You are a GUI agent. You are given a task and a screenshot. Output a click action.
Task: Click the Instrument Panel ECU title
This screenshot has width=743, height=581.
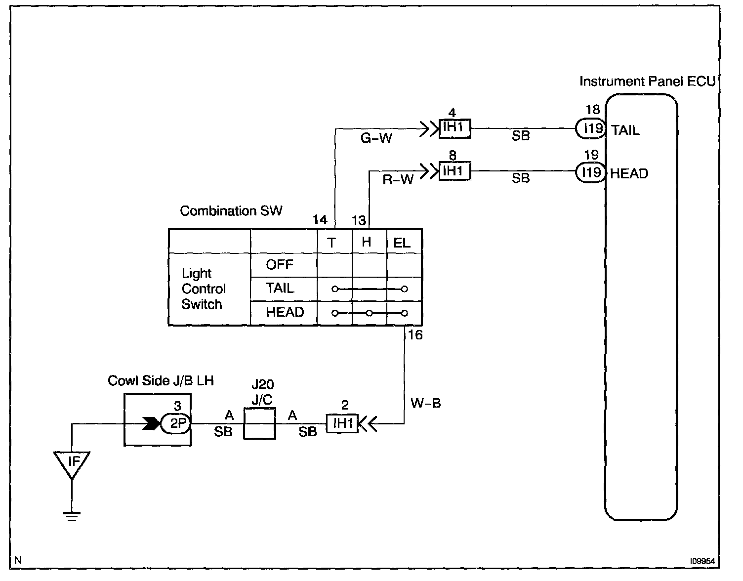click(647, 82)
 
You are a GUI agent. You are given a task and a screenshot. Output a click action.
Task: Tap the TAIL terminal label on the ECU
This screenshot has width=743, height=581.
click(625, 130)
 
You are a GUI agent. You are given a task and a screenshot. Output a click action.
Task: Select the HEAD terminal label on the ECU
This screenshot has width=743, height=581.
click(629, 173)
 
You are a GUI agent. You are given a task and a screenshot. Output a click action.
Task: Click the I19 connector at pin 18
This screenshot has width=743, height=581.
click(591, 129)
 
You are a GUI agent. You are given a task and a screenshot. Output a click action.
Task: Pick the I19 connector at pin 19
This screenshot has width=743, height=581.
click(591, 172)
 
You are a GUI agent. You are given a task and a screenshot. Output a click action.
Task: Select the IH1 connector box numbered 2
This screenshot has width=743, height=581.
click(342, 423)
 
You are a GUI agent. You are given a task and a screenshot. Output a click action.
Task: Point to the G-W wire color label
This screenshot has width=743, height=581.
click(376, 138)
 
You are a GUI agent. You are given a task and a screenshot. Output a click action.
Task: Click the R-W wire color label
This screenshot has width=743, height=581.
click(398, 180)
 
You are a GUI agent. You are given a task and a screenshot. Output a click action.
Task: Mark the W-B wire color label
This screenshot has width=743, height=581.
click(425, 403)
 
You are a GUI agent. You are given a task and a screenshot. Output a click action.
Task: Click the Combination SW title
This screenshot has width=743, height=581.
click(231, 211)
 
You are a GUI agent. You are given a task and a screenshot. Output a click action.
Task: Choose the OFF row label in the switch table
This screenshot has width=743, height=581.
click(280, 265)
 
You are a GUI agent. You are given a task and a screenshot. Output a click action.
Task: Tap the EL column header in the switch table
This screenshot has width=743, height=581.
click(402, 243)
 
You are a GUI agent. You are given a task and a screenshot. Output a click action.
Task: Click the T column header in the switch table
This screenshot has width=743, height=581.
click(331, 243)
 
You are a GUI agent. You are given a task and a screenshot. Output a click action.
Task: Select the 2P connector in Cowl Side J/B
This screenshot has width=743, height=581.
click(176, 423)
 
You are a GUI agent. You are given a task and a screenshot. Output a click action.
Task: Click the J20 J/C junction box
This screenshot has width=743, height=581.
click(260, 424)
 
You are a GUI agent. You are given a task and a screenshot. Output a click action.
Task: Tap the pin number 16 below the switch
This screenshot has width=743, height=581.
click(415, 335)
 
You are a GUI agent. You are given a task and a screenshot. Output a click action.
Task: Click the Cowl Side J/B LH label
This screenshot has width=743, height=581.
click(161, 380)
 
